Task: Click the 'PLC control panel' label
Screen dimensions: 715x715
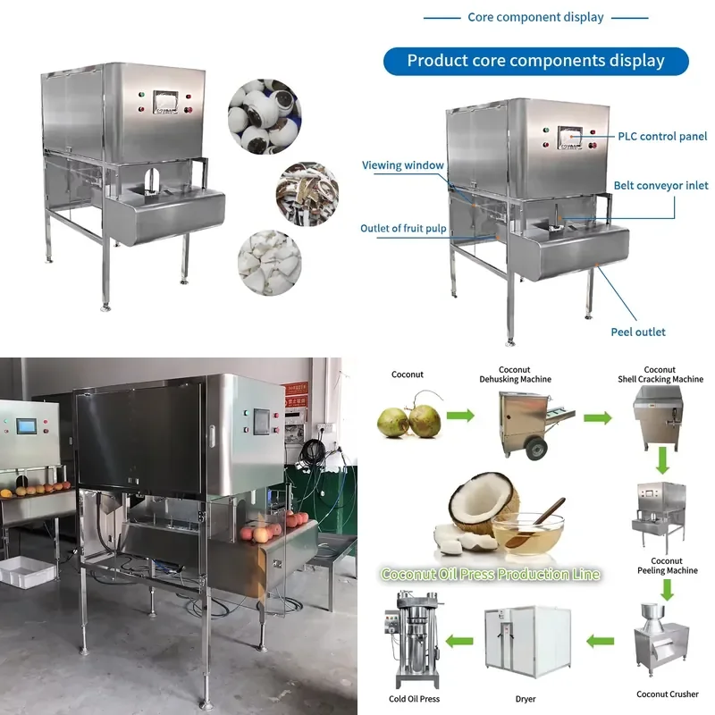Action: click(x=662, y=137)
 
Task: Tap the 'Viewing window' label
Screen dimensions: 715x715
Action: click(x=403, y=165)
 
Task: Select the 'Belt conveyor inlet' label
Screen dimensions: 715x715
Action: click(x=660, y=186)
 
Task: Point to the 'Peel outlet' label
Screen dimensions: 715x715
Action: click(x=638, y=332)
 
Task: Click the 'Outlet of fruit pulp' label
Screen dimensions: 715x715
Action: click(x=403, y=229)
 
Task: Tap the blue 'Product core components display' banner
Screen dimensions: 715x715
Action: click(x=535, y=61)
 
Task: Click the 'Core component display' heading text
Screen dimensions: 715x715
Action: click(x=535, y=17)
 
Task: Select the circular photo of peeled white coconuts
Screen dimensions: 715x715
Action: click(x=265, y=117)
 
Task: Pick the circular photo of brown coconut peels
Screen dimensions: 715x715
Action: click(x=307, y=194)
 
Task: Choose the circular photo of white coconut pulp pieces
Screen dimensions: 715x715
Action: click(x=270, y=263)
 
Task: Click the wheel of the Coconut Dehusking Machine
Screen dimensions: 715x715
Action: click(x=536, y=449)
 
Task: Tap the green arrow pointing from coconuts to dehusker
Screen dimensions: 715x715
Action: click(x=460, y=416)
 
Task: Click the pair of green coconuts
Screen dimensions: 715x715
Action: click(x=409, y=417)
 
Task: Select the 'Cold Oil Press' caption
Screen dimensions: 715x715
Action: click(x=414, y=699)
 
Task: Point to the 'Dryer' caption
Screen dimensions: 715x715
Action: click(x=526, y=699)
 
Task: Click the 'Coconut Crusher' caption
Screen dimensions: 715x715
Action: click(x=667, y=694)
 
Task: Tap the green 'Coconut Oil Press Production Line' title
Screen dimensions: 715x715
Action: click(x=490, y=574)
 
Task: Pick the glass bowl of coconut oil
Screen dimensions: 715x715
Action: click(x=528, y=533)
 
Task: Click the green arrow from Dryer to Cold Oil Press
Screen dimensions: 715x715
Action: click(x=459, y=641)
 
